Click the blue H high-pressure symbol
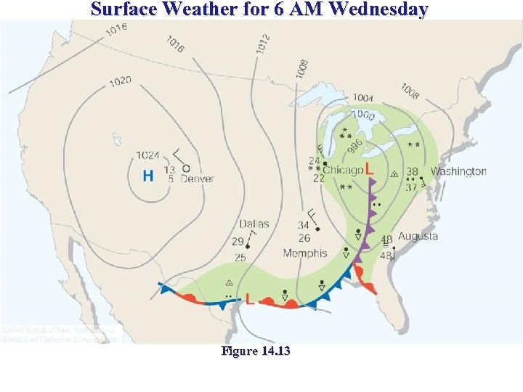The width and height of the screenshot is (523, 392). pos(148,176)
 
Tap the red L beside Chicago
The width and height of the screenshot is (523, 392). pos(370,169)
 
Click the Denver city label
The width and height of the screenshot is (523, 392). pos(197,179)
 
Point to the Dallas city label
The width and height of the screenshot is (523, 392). pos(254,224)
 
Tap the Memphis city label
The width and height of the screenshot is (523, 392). pos(305,253)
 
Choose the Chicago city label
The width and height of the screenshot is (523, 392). pos(343,170)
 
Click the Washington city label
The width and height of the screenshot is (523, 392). pos(458,171)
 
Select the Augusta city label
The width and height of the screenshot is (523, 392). pos(418,236)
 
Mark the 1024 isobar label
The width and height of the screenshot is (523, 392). pos(147,155)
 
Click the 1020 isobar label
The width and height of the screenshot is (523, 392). pos(121,81)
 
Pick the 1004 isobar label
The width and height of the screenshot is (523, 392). pos(363,98)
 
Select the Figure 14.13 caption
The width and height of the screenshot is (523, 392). pos(256,352)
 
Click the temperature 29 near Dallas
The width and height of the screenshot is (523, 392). pos(238,242)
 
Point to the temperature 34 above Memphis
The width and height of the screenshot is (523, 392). pos(304,226)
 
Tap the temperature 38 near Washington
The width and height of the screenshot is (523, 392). pos(412,172)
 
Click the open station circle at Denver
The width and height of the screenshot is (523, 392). pos(187,167)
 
